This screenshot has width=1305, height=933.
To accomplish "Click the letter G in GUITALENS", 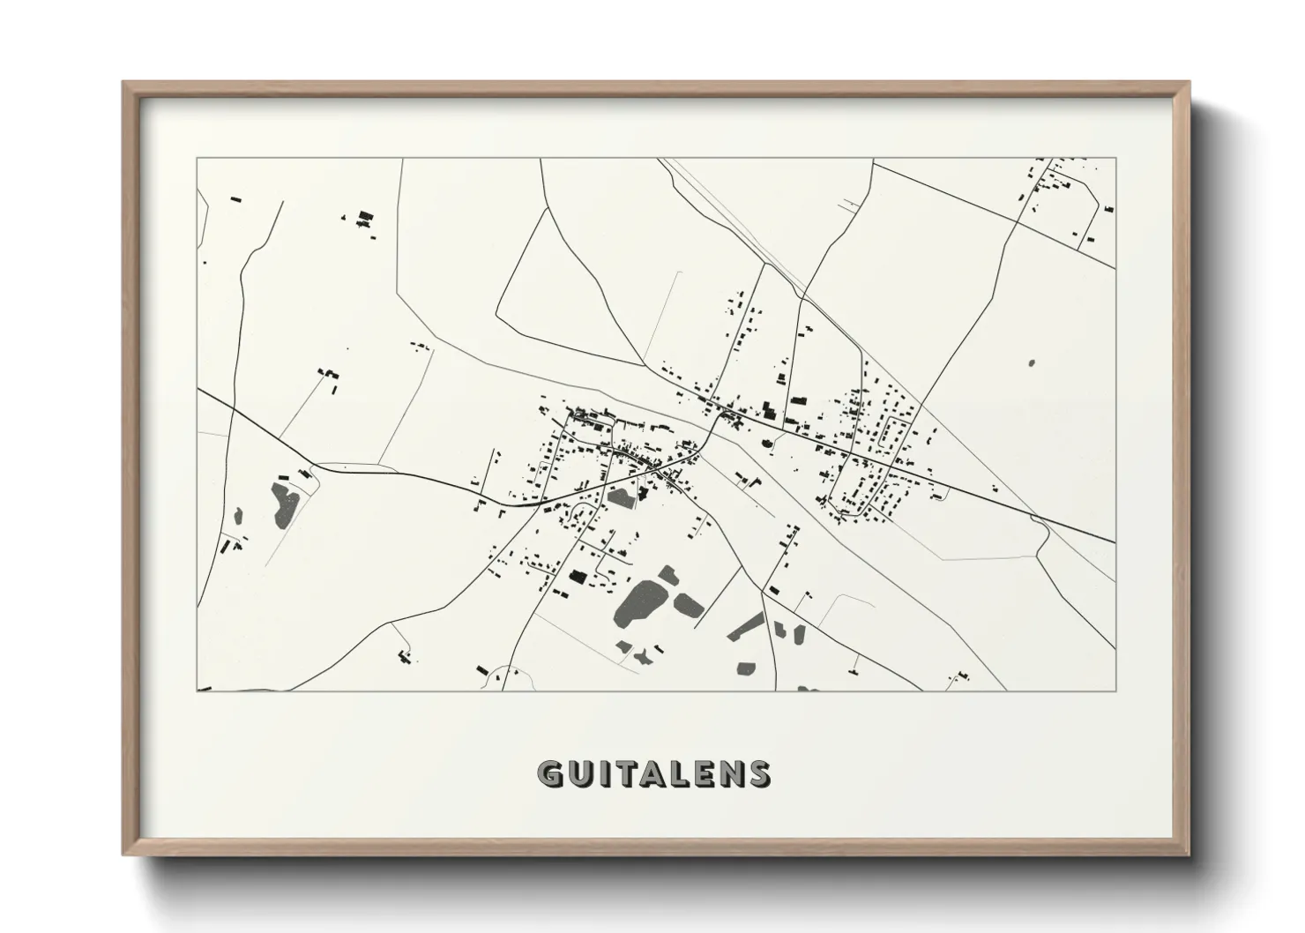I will pos(551,773).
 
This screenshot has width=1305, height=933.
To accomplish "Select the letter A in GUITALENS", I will pos(652,773).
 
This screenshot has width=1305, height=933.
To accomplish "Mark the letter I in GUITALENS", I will pos(603,773).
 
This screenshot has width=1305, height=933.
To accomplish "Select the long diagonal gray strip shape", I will pos(746,624).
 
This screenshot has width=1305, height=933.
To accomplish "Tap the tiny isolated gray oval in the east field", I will pos(1032,362).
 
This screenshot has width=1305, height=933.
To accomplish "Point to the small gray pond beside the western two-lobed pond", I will pos(306,475).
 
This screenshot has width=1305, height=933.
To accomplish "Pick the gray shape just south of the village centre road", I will pos(621,496).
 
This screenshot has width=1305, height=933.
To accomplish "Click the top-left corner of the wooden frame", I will pos(124,83).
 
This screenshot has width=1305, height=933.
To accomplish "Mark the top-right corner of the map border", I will pos(1115,158).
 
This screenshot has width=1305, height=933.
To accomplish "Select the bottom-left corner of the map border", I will pos(197,690).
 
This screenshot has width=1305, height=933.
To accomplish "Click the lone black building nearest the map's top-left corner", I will pos(235,199).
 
